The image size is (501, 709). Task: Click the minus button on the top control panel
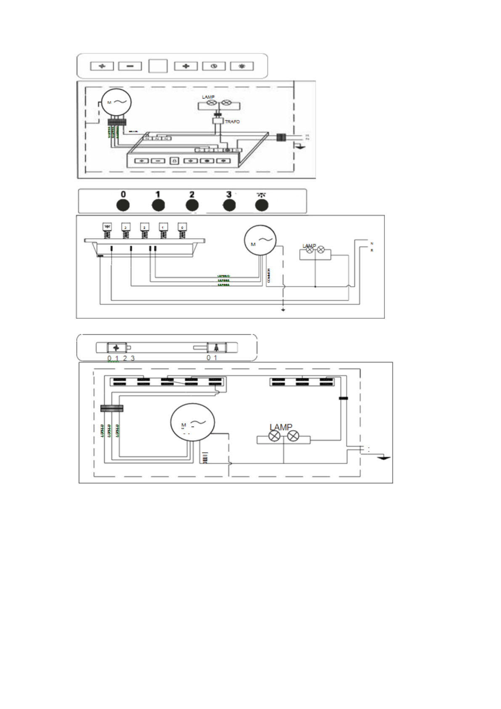click(x=130, y=66)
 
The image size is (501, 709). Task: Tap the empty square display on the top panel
click(x=158, y=66)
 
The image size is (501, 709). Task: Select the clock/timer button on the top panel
click(x=214, y=66)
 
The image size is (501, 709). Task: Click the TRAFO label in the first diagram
click(x=232, y=122)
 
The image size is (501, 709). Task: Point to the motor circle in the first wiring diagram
click(x=116, y=102)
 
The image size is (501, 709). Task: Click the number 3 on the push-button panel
click(x=229, y=195)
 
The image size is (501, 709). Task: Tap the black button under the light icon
click(x=262, y=205)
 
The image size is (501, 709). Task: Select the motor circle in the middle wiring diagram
click(x=260, y=240)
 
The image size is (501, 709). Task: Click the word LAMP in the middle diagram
click(x=309, y=246)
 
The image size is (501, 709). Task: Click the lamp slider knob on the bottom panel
click(x=217, y=348)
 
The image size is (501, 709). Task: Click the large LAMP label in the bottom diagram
click(x=281, y=427)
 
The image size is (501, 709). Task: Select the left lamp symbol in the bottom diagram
click(x=274, y=436)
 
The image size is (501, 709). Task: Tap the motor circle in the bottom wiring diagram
click(x=192, y=422)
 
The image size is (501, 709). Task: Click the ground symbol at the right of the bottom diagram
click(x=383, y=458)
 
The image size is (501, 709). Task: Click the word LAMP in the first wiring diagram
click(x=208, y=97)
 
